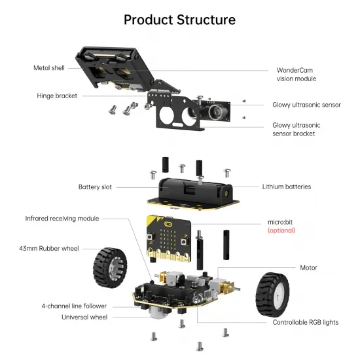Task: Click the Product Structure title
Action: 179,20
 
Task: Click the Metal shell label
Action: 51,68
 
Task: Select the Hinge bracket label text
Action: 57,96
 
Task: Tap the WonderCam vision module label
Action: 296,74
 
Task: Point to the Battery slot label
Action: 95,187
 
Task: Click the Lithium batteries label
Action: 286,187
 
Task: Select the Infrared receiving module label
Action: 62,218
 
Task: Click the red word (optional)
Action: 281,230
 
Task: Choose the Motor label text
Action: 308,267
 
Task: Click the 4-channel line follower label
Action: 74,306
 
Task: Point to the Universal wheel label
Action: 84,317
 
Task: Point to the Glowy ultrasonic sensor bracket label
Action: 297,129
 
